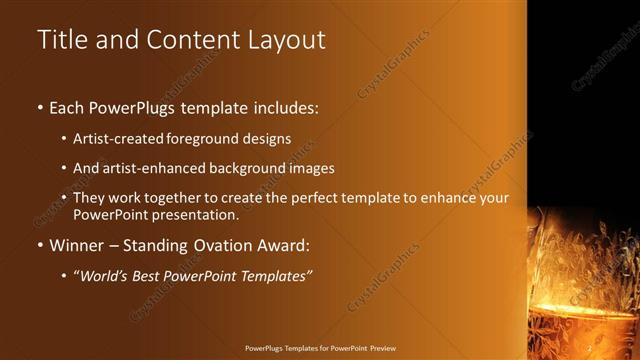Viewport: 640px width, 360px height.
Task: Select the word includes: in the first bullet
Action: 281,106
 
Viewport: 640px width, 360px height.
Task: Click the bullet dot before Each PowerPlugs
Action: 40,106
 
